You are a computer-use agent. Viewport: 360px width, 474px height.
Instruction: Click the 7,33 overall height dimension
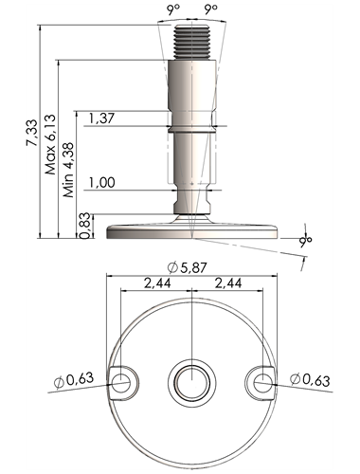tap(32, 133)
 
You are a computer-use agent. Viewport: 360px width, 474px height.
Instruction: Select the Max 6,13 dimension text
tap(50, 144)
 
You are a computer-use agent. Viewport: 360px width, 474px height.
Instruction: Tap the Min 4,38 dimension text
tap(68, 170)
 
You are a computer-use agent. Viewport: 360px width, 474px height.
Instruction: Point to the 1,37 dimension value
tap(101, 118)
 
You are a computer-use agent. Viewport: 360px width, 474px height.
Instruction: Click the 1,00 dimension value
tap(101, 183)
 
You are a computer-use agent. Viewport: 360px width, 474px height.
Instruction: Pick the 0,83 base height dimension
tap(85, 227)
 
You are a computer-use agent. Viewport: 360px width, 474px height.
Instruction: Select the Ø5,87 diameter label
tap(187, 268)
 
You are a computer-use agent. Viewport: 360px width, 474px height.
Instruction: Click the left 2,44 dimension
tap(157, 283)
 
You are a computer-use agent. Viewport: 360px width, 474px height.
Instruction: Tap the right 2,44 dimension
tap(228, 283)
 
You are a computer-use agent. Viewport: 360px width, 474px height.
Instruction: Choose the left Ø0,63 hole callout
tap(74, 379)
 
